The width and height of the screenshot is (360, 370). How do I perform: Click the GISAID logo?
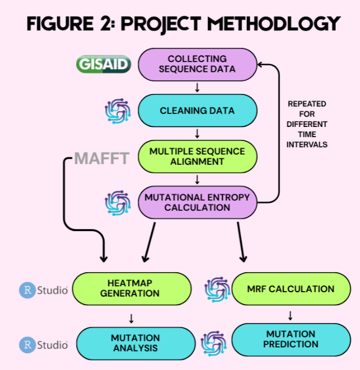point(103,64)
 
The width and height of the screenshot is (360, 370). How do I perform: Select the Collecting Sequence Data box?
point(197,64)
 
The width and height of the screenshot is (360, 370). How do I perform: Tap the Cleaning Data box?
point(197,110)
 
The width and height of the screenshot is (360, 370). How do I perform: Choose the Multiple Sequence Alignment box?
point(197,157)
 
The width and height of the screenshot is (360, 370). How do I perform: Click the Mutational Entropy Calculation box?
point(197,202)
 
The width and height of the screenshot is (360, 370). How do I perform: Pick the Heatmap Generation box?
point(131,288)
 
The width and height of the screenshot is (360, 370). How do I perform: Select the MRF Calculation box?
point(291,288)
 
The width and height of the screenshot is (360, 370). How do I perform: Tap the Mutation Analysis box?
point(136,344)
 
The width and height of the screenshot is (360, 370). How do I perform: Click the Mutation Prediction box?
point(291,340)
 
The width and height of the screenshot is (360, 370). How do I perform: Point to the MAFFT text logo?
point(102,158)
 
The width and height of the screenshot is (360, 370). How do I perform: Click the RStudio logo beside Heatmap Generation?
point(43,290)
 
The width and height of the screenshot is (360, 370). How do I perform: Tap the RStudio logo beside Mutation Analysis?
point(43,345)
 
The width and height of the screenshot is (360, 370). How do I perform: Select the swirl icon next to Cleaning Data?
point(117,111)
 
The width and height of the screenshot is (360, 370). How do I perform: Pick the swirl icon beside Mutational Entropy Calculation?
point(117,203)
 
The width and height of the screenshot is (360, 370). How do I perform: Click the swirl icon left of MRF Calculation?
point(217,290)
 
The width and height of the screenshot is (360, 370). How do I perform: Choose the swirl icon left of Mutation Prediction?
point(214,344)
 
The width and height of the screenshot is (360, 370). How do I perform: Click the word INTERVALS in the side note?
point(307,144)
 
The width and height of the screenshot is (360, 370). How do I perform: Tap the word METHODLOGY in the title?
point(274,24)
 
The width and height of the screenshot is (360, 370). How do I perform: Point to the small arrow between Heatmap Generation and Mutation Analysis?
point(131,318)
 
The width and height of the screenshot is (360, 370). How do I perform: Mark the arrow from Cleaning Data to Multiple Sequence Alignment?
point(197,133)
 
